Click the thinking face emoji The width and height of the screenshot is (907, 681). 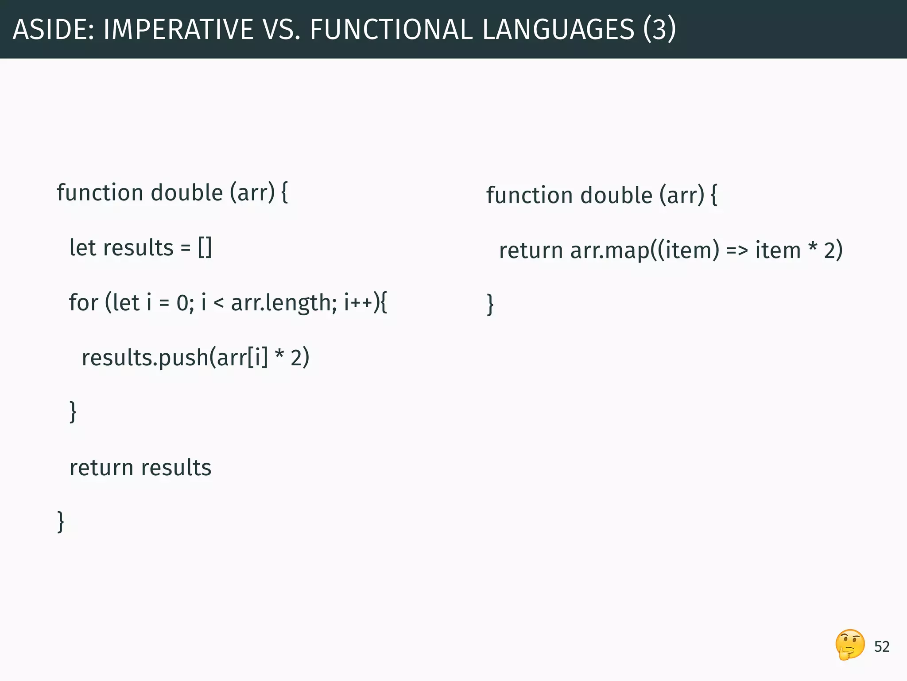click(850, 645)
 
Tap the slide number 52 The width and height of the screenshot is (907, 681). click(882, 647)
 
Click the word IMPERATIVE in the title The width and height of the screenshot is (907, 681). click(177, 30)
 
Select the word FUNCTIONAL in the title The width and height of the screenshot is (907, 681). click(391, 30)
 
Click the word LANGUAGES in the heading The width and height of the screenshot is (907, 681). click(558, 30)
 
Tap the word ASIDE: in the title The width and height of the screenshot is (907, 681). click(54, 30)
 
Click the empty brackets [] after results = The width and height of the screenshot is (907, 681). click(205, 247)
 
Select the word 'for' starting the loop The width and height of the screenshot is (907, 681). click(83, 303)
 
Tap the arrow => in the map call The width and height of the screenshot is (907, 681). click(737, 251)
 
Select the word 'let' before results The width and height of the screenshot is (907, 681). click(82, 247)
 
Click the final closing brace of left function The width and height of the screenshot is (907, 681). click(61, 522)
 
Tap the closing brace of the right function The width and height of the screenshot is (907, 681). click(490, 305)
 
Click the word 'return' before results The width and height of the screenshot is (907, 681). click(101, 468)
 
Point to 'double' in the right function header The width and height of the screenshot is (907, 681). click(616, 196)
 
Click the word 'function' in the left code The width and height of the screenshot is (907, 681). click(100, 193)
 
